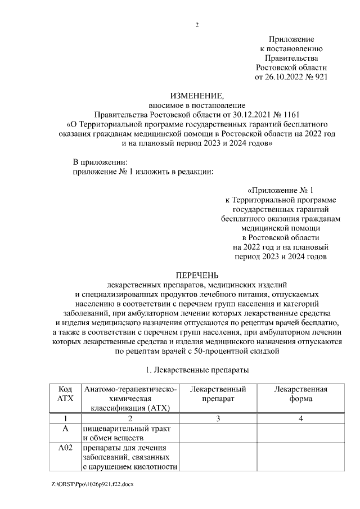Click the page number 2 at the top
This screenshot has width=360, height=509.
click(x=197, y=25)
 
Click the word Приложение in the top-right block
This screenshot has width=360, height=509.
click(x=291, y=39)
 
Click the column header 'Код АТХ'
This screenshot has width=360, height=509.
click(x=65, y=393)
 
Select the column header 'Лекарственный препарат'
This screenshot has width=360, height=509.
click(x=218, y=393)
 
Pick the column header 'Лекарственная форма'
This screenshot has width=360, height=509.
click(x=300, y=393)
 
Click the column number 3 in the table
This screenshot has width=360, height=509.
click(x=218, y=418)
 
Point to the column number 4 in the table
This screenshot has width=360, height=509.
click(x=300, y=418)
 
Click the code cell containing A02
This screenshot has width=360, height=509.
click(x=65, y=448)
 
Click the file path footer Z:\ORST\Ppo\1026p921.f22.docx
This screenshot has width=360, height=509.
click(x=92, y=484)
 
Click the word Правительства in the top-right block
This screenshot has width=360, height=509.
click(x=291, y=58)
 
